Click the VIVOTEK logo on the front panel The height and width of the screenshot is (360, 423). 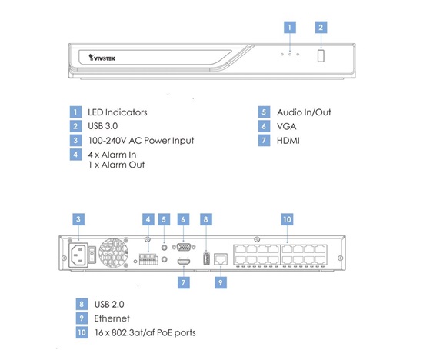coord(102,58)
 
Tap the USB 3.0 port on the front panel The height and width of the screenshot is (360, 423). coord(321,55)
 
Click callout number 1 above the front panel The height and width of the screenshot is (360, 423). coord(290,27)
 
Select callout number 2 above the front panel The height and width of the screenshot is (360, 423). coord(321,27)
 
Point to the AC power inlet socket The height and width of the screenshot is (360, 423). coord(78,255)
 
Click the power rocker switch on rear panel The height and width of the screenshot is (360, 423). coord(92,255)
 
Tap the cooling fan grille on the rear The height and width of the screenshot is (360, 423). coord(113,253)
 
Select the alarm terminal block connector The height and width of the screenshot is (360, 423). coord(148,258)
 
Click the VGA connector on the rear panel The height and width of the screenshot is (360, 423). coord(184,247)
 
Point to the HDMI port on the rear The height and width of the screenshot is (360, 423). coord(184,261)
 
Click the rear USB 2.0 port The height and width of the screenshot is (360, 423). coord(206,258)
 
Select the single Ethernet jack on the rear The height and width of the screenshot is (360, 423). coord(221,259)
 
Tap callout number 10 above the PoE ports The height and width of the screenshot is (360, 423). coord(288,219)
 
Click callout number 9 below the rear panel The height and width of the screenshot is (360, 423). coord(221,282)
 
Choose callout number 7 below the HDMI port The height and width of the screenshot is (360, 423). coord(184,282)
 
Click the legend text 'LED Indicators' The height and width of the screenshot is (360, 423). coord(118,112)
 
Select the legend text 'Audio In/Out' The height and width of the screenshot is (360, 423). coord(304,112)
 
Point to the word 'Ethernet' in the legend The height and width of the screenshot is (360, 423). coord(112,318)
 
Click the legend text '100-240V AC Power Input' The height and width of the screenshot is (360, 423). coord(141,140)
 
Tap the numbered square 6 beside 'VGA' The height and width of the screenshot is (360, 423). coord(264,126)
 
